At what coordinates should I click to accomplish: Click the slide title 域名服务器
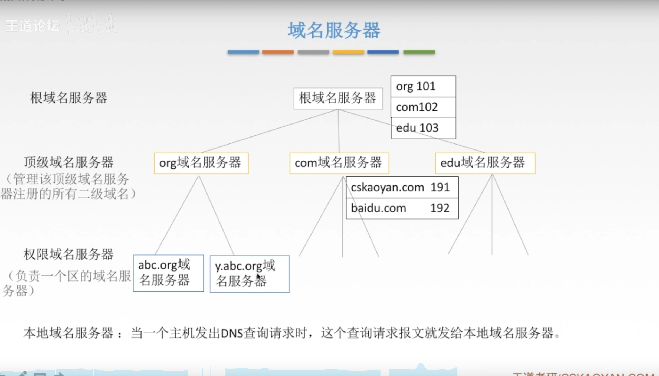[334, 30]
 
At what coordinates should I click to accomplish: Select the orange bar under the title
[278, 52]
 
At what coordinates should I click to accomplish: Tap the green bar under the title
[419, 52]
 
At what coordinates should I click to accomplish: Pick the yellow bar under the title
[348, 52]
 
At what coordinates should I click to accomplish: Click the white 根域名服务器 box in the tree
[338, 98]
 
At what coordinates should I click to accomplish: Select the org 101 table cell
[423, 86]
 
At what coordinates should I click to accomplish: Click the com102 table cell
[423, 107]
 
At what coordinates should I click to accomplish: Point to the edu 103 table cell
[423, 128]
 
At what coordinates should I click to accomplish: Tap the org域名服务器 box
[201, 163]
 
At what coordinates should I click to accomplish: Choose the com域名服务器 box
[339, 163]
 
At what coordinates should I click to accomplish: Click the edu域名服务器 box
[485, 163]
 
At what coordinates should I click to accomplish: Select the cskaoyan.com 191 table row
[402, 187]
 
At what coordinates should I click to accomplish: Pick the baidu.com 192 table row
[402, 208]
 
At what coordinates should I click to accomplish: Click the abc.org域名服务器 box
[168, 273]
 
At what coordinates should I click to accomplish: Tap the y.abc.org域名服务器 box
[250, 274]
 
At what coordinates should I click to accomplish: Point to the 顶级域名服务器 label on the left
[68, 162]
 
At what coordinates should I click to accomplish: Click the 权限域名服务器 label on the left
[68, 254]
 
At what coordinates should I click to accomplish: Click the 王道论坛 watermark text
[32, 26]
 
